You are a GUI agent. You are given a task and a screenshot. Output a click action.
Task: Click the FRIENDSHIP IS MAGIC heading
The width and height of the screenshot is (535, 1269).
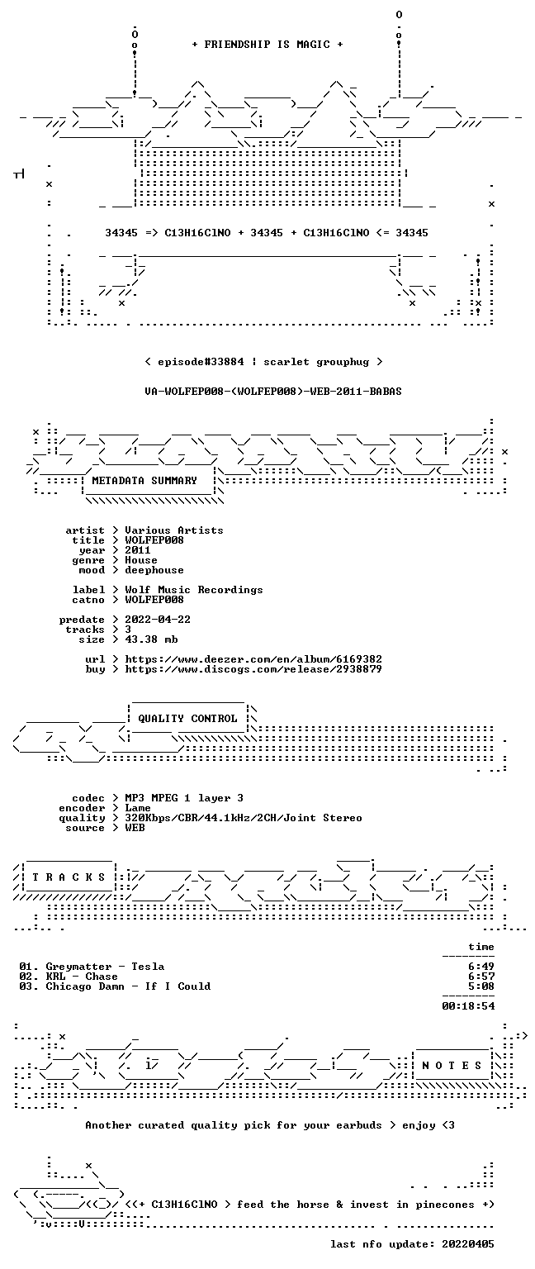click(x=267, y=44)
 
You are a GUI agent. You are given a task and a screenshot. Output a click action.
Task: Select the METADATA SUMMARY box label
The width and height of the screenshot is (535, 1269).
click(x=144, y=480)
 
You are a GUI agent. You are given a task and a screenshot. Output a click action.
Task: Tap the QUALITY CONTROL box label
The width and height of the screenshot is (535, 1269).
click(x=187, y=718)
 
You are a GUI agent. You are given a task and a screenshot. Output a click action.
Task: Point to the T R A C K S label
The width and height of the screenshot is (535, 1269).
click(x=69, y=877)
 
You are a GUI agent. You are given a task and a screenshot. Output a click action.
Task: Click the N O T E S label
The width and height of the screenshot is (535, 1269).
click(x=452, y=1066)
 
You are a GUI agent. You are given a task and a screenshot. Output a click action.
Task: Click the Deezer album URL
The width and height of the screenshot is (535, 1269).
click(x=253, y=658)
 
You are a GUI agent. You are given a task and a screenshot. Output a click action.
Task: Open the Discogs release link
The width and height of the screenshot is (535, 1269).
click(x=253, y=669)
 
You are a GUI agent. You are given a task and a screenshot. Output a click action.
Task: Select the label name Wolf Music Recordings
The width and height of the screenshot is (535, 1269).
click(x=194, y=590)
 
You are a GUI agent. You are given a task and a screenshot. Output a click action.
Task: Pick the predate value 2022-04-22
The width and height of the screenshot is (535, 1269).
click(x=158, y=619)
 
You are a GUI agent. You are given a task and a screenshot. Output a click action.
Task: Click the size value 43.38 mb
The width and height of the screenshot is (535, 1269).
click(x=151, y=639)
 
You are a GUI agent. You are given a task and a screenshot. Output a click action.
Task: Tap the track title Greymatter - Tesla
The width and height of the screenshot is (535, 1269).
click(x=105, y=967)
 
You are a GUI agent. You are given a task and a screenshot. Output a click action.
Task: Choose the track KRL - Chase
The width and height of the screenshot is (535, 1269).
click(x=82, y=976)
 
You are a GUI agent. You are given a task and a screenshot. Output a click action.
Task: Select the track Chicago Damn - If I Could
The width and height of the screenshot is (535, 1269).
click(x=128, y=986)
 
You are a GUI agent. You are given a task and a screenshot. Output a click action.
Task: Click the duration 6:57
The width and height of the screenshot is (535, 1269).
click(x=481, y=976)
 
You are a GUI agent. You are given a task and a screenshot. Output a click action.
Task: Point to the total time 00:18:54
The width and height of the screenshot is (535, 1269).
click(x=468, y=1006)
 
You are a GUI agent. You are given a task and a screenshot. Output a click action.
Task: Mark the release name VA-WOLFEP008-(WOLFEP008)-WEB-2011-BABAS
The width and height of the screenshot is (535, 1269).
click(x=273, y=392)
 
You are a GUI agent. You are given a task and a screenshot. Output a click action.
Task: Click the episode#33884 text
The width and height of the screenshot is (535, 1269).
click(x=201, y=361)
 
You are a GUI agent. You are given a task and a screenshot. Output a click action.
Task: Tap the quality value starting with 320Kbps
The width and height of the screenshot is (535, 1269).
click(x=244, y=817)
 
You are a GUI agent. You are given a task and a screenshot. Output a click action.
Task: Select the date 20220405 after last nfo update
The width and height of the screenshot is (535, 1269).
click(x=467, y=1244)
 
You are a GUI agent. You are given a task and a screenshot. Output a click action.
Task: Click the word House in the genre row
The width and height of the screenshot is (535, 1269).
click(x=141, y=559)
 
